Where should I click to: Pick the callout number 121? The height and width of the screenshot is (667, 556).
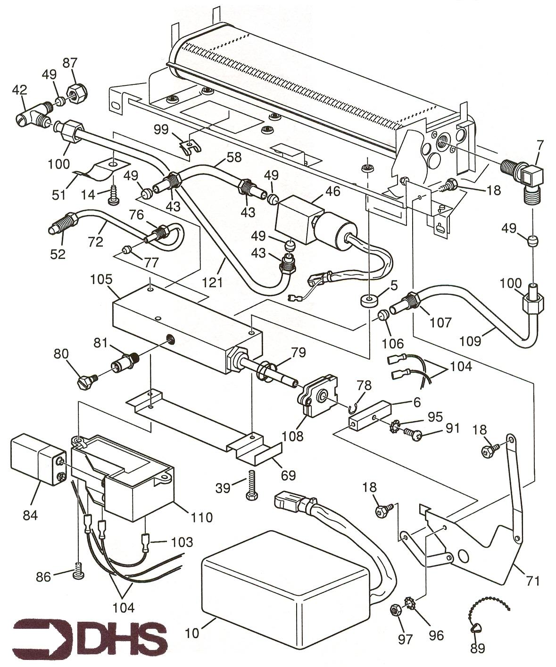212,282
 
